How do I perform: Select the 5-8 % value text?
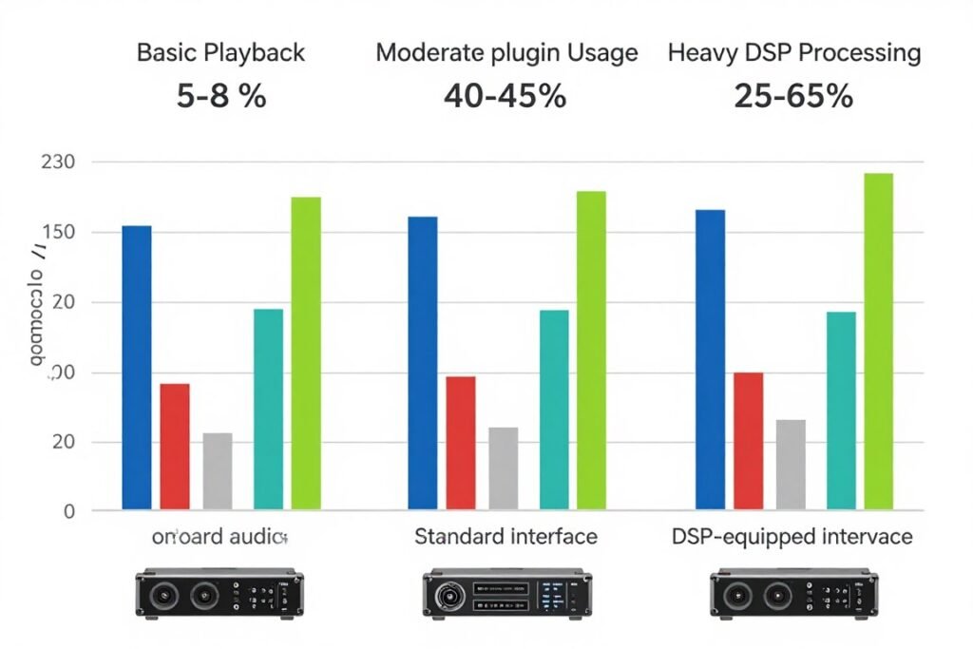[x=221, y=96]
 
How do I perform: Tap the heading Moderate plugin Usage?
[x=506, y=52]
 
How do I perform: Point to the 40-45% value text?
[x=506, y=96]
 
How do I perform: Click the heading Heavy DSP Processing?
[x=794, y=52]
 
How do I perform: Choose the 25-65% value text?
[x=794, y=96]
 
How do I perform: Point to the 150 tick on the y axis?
[x=58, y=233]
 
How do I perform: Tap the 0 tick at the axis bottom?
[x=69, y=511]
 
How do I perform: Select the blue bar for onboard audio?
[x=137, y=368]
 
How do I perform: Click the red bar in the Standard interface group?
[x=461, y=443]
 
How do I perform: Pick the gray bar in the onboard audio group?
[x=218, y=471]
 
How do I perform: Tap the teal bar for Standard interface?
[x=554, y=410]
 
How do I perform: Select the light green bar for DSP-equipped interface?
[x=878, y=342]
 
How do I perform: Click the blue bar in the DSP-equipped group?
[x=710, y=359]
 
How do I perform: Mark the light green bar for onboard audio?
[x=306, y=353]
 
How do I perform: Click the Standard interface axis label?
[x=506, y=537]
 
